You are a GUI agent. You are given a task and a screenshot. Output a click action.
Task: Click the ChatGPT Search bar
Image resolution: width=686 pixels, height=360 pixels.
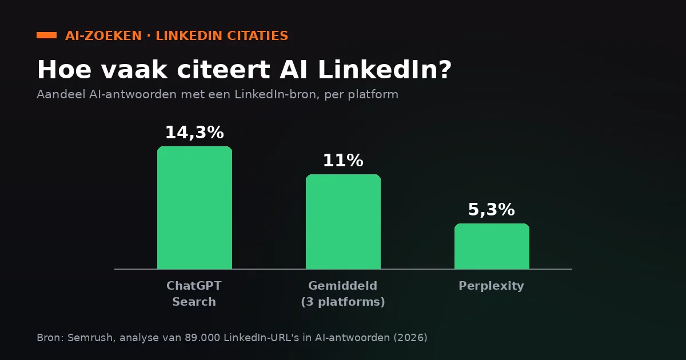(194, 207)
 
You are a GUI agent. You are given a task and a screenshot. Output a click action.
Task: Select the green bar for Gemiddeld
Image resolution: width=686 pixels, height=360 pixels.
(343, 222)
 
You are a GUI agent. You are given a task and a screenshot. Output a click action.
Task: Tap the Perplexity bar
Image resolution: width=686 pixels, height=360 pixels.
(492, 246)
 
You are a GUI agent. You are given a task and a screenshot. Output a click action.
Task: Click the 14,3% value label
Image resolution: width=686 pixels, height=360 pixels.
(194, 133)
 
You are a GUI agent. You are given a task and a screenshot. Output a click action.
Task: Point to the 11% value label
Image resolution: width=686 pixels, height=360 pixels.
(343, 161)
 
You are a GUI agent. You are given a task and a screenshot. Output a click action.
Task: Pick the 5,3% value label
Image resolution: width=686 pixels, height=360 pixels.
(492, 210)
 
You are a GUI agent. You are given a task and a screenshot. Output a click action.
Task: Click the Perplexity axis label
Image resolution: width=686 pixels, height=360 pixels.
(491, 286)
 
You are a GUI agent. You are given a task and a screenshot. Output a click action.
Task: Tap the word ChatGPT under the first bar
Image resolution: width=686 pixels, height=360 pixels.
(194, 286)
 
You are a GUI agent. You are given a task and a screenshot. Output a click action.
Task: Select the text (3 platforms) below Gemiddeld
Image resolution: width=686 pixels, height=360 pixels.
(342, 302)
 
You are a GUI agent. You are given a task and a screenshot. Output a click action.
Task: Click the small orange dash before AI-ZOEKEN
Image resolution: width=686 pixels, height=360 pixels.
(46, 35)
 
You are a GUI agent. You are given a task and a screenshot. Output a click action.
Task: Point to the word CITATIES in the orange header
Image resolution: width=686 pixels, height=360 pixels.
(258, 36)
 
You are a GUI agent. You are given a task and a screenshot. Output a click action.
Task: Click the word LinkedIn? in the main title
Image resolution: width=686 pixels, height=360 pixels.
(385, 70)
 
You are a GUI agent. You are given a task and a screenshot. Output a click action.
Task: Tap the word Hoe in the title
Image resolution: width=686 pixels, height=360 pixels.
(64, 70)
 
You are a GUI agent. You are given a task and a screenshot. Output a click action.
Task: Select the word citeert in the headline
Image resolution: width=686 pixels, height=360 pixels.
(224, 70)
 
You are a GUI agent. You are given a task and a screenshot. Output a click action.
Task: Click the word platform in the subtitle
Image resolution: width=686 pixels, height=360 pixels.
(373, 95)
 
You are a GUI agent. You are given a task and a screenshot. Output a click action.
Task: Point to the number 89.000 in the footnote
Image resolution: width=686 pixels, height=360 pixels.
(202, 338)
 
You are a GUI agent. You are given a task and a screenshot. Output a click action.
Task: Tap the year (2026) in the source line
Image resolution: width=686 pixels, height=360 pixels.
(410, 338)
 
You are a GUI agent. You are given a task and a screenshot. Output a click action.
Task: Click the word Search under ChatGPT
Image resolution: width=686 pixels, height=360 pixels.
(194, 302)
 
